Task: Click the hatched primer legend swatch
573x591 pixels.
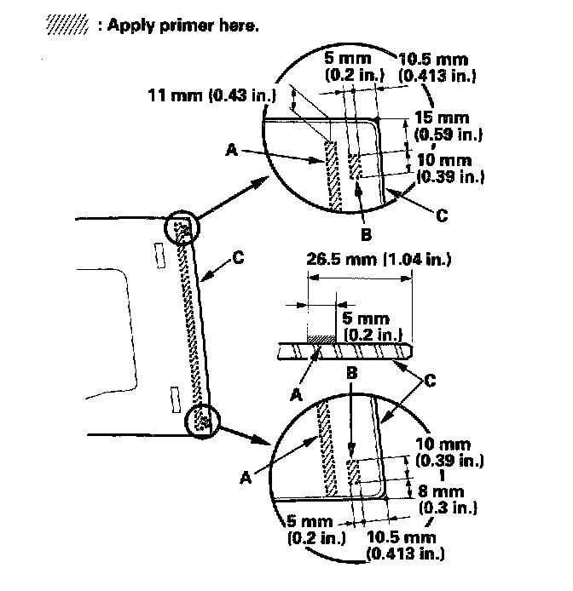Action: [68, 26]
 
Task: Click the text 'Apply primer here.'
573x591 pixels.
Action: [178, 26]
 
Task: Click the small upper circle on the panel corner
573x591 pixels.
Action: [182, 229]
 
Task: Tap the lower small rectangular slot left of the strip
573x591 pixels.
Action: [175, 393]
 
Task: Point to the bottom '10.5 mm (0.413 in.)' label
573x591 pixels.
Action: [400, 545]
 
